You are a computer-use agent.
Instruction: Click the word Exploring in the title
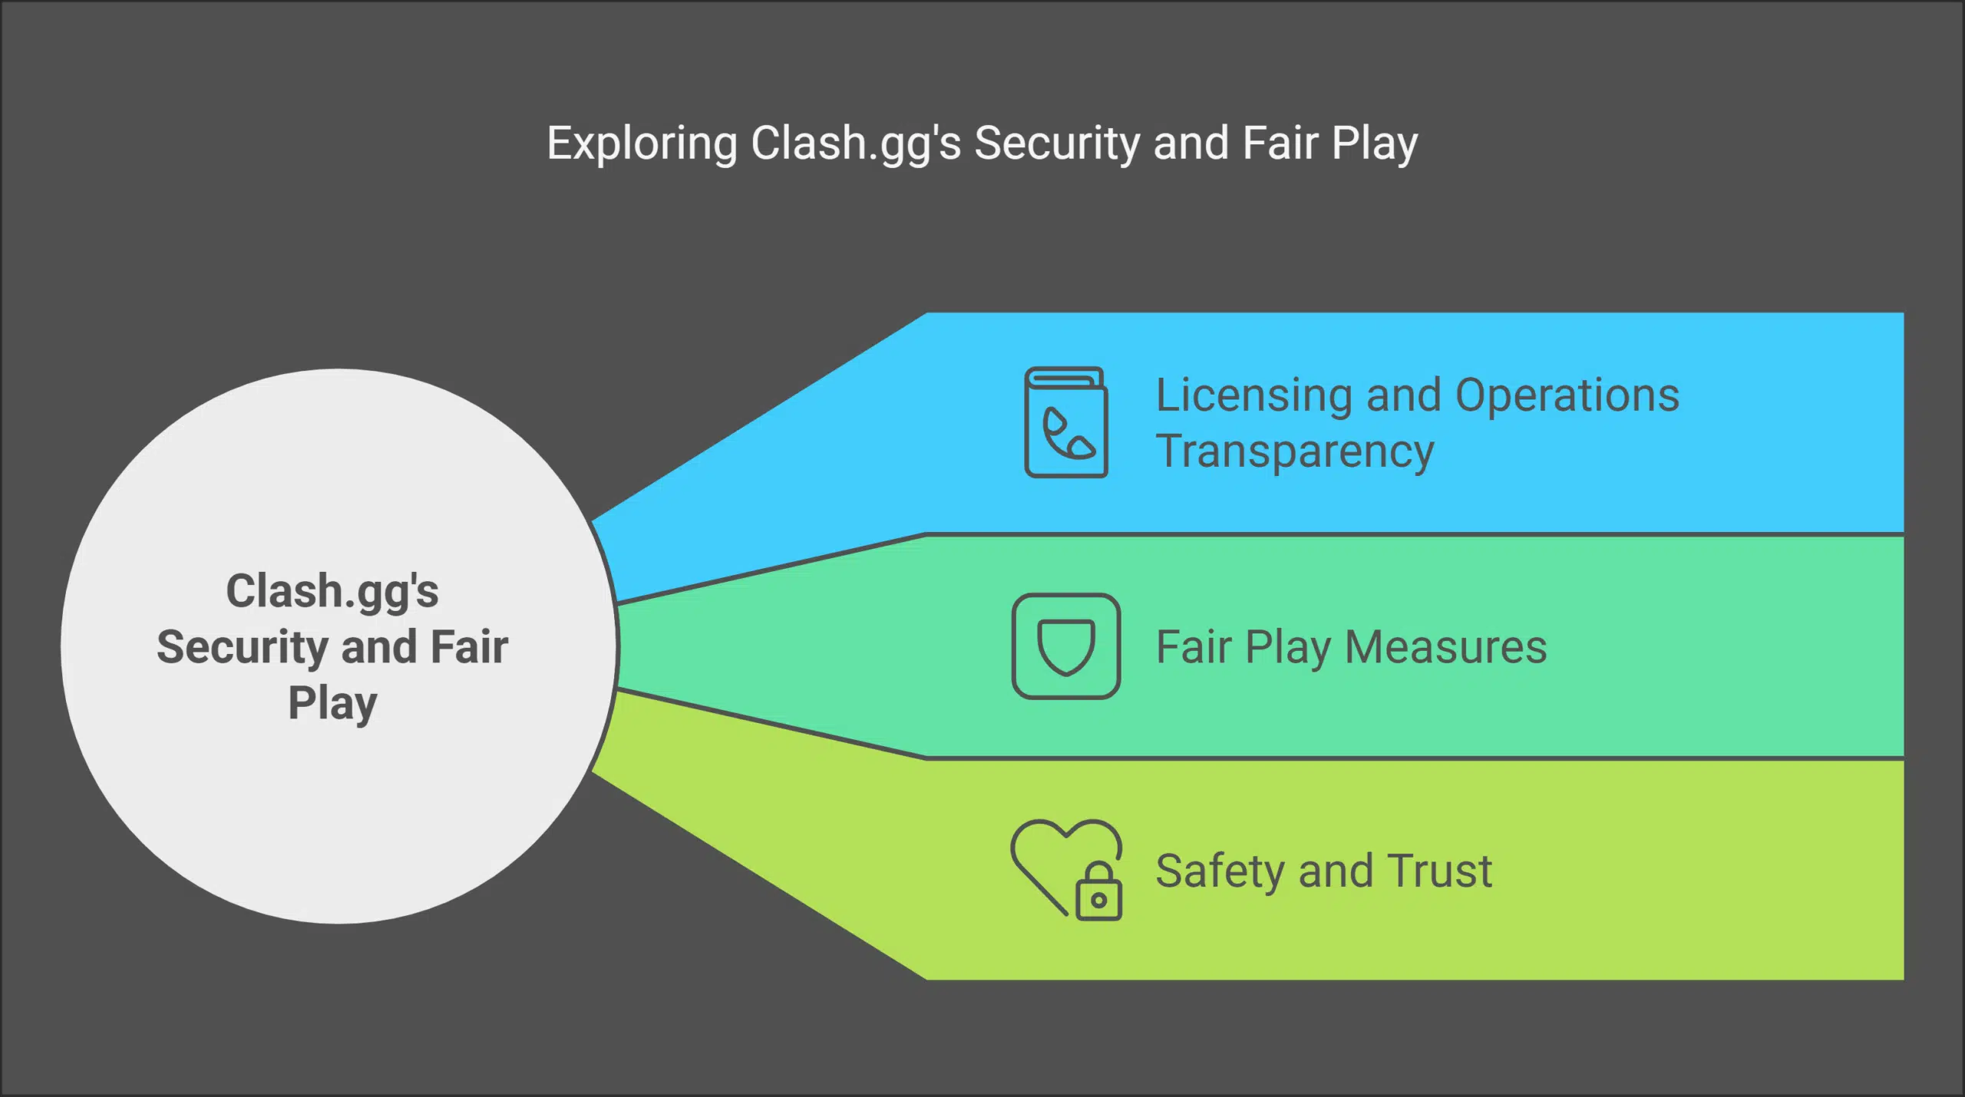[642, 144]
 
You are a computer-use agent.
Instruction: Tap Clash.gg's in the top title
[855, 144]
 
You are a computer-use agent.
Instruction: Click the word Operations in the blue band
[1567, 396]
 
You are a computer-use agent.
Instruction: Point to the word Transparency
[1295, 451]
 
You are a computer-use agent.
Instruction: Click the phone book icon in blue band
[1066, 422]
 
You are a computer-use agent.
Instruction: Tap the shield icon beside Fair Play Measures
[1066, 646]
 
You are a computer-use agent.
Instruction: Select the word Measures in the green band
[1446, 647]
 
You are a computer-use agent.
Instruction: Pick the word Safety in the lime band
[1220, 872]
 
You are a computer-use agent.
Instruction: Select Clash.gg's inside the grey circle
[332, 592]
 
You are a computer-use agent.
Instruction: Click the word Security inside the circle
[243, 647]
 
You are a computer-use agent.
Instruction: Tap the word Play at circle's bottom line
[332, 703]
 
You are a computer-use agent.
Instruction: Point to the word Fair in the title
[1280, 144]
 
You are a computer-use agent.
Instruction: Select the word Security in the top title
[1057, 144]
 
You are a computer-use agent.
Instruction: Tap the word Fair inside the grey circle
[469, 647]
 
